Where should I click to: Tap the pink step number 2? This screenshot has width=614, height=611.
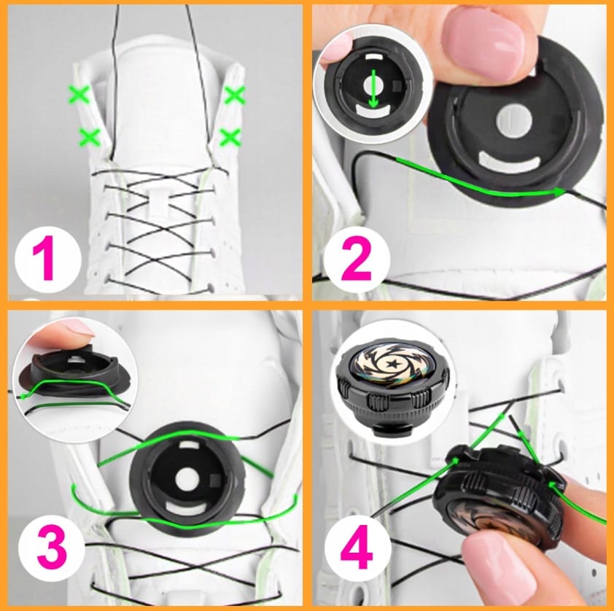tap(357, 260)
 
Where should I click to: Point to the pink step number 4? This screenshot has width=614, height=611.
tap(357, 546)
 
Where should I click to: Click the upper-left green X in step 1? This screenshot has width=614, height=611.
tap(79, 95)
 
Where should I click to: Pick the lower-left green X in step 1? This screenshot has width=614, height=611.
tap(89, 137)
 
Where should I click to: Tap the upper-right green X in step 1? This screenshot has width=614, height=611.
tap(235, 95)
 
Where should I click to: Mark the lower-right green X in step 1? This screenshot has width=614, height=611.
tap(230, 137)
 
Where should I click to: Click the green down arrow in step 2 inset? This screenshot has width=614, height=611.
tap(373, 89)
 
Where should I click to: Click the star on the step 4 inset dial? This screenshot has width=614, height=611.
tap(392, 365)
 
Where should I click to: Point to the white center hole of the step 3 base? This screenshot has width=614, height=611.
tap(186, 480)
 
